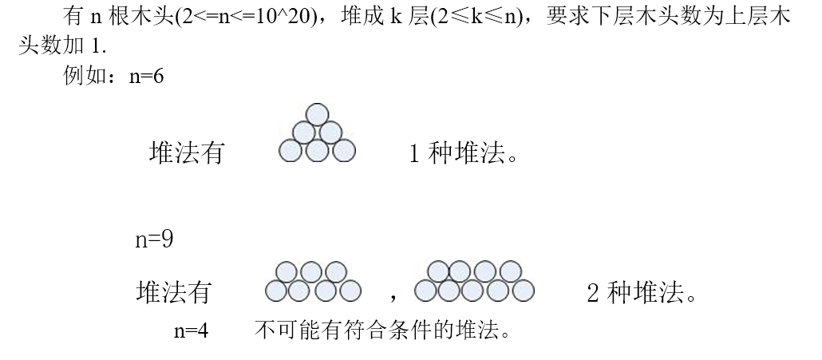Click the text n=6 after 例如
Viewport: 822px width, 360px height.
coord(146,77)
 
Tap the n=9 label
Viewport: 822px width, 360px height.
coord(154,239)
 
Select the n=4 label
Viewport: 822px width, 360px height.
coord(191,330)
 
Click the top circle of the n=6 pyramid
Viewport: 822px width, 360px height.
coord(317,115)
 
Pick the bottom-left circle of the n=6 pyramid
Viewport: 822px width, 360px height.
coord(290,151)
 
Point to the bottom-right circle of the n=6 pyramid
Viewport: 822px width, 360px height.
coord(344,151)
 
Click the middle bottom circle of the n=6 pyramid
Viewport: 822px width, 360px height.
coord(317,151)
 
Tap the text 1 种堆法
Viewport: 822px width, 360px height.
coord(463,154)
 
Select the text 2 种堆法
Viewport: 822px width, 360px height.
coord(642,293)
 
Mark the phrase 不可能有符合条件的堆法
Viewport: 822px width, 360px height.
coord(382,330)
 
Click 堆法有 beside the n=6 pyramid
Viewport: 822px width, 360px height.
coord(187,153)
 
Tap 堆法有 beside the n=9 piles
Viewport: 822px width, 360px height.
coord(173,292)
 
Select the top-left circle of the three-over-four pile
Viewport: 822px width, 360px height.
coord(287,272)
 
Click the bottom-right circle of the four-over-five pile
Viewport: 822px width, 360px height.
coord(524,291)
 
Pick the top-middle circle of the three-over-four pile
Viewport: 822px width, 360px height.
coord(311,272)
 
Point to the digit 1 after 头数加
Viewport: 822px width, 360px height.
coord(96,46)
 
